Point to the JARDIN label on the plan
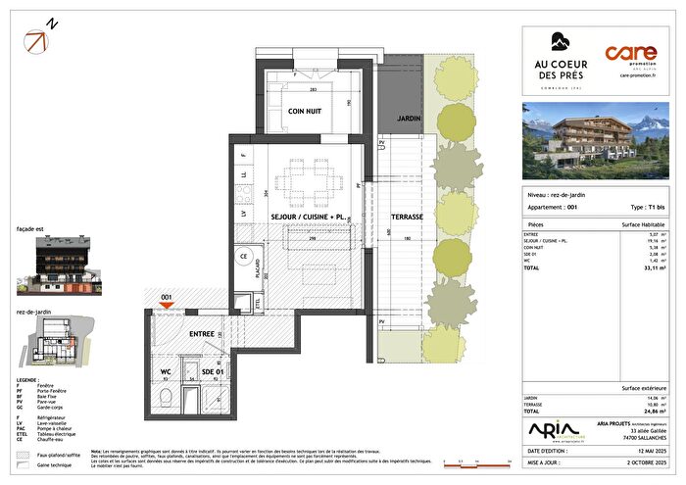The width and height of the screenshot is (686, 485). point(409,118)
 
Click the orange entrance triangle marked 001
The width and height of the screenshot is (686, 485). point(167,305)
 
